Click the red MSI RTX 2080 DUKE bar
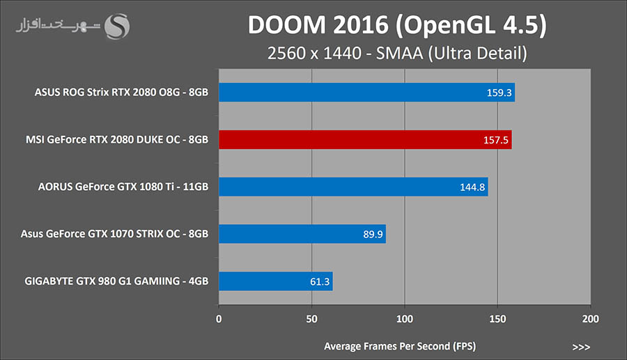pos(365,139)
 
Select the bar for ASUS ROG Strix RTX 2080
pos(366,92)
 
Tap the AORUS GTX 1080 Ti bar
pos(353,187)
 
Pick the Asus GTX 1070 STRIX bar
pos(302,234)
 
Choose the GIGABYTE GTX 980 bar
pos(275,281)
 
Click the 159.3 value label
pos(498,92)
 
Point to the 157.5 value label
pos(495,139)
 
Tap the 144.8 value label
pos(472,187)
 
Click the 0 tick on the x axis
pos(219,319)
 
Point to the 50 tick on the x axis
pos(311,319)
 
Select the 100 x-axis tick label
pos(405,319)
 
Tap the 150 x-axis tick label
pos(497,319)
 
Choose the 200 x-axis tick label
pos(590,319)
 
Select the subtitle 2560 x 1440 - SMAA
pos(397,53)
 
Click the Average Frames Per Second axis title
pos(399,346)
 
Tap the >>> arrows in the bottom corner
pos(581,347)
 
